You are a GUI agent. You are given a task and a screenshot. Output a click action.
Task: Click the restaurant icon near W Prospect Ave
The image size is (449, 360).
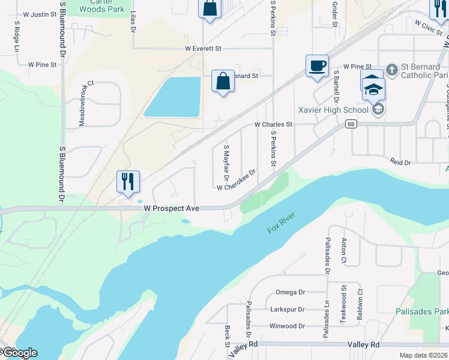coord(127,181)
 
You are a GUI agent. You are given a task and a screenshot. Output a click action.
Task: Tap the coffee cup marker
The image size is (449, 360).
coord(317,65)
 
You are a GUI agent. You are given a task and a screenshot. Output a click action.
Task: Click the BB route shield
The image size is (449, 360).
coord(351,124)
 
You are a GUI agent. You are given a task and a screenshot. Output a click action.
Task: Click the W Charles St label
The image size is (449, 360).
coord(273,125)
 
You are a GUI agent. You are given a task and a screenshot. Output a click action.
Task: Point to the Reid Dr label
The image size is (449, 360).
coord(400,163)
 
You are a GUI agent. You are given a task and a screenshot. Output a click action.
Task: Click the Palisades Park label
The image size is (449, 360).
coord(422,311)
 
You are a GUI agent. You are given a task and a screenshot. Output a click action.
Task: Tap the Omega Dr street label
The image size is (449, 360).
coord(291,292)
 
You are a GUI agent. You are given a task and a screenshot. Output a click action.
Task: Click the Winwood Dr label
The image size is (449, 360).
coord(287,326)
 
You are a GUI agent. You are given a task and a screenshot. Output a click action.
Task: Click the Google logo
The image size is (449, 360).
coord(19,353)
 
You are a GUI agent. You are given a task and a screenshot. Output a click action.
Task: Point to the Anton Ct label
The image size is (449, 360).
coord(344,249)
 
